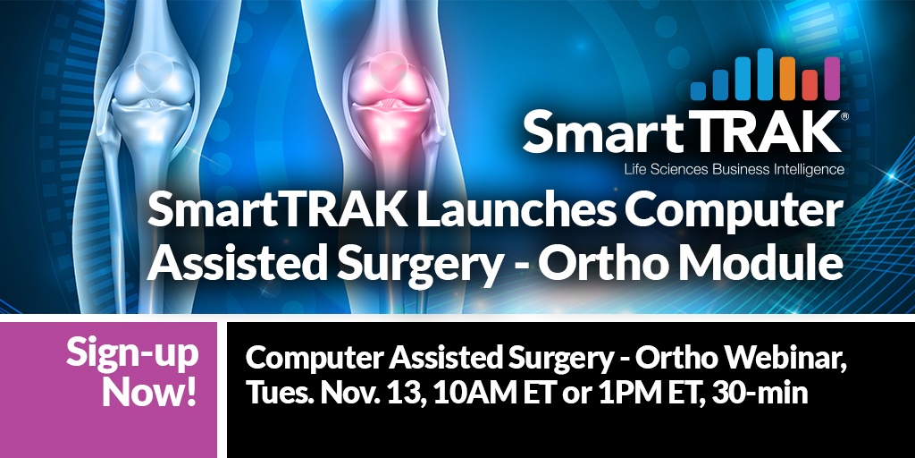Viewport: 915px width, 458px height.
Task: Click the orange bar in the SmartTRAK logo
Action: (x=787, y=79)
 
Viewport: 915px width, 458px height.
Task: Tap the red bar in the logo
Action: (x=810, y=85)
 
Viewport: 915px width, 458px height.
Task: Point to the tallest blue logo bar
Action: (x=765, y=74)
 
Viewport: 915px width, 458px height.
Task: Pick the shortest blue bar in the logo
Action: (x=698, y=91)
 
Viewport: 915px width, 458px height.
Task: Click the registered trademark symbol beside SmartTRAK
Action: (x=844, y=116)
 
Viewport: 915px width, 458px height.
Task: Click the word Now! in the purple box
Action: (x=149, y=393)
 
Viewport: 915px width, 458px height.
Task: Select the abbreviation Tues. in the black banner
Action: (x=279, y=393)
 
